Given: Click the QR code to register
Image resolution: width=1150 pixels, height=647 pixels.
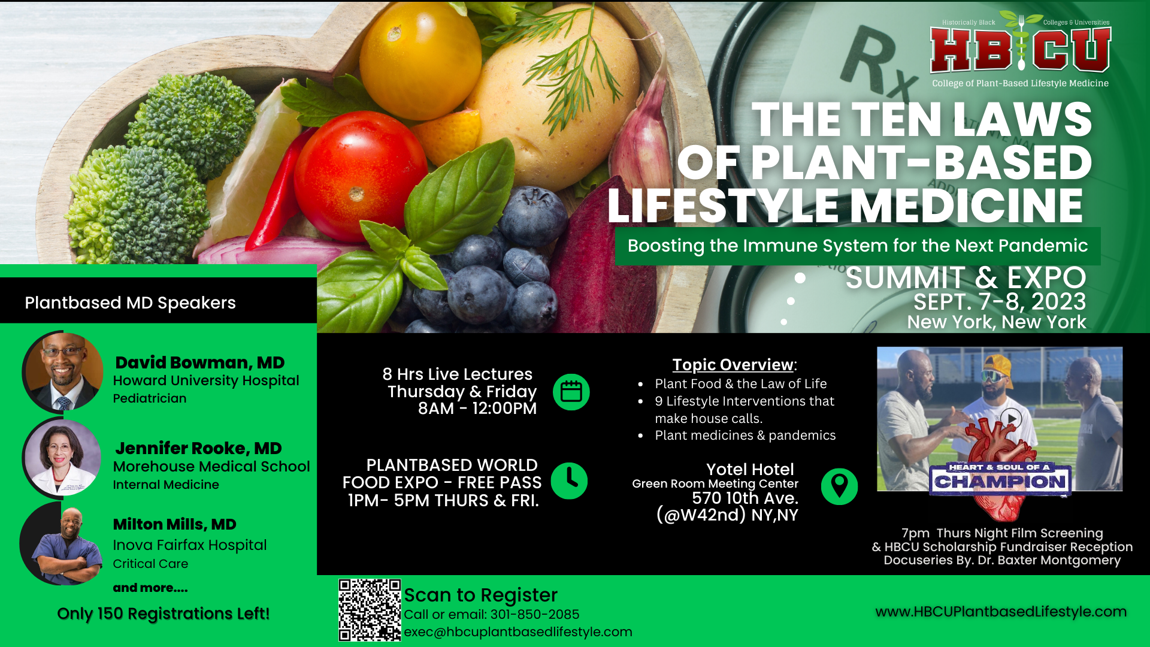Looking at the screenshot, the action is point(370,610).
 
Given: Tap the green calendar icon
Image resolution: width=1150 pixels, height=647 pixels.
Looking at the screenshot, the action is point(571,392).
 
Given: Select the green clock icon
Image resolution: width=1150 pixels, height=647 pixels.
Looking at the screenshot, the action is point(569,481).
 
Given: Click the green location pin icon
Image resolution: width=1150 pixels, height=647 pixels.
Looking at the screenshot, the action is point(839,486).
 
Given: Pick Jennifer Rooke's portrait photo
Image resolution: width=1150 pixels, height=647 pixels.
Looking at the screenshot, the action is point(63,458).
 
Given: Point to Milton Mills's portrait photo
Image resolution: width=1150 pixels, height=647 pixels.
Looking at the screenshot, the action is point(62,544).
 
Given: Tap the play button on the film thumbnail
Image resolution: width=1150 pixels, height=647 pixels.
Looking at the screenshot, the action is point(1011,418).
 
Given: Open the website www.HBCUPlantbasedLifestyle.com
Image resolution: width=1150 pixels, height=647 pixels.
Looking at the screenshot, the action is point(1001,612).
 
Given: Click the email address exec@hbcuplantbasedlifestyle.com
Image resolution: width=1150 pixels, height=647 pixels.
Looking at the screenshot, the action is point(518,632).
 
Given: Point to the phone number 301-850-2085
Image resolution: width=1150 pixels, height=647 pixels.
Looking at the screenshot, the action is point(535,615).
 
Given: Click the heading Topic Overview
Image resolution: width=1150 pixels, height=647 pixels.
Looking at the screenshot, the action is point(733,365).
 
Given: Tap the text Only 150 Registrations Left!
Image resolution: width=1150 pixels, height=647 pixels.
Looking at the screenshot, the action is point(164,614).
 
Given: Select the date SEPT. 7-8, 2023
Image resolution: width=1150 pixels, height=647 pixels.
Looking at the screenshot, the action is point(1000,301).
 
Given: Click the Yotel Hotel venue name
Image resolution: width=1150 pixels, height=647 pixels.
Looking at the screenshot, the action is point(750,470).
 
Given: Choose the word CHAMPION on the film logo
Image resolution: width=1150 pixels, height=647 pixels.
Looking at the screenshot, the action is point(1000,482).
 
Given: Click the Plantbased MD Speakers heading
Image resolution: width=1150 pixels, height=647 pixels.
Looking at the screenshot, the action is point(130,303).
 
